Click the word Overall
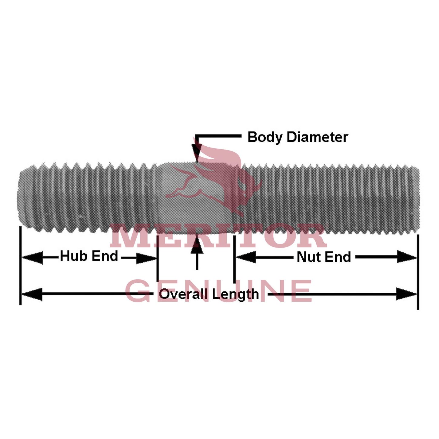[x=183, y=294]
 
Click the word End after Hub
[x=105, y=256]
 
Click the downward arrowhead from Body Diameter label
[x=197, y=151]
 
